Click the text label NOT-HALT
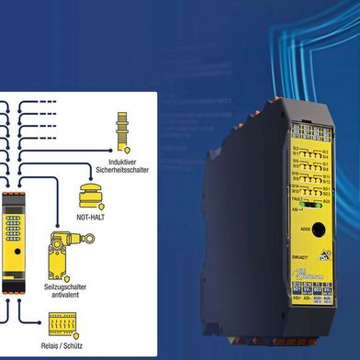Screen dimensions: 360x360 click(x=94, y=220)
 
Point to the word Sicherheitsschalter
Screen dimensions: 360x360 click(x=120, y=169)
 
